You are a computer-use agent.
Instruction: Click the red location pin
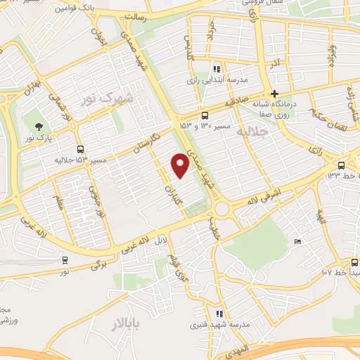pyautogui.click(x=181, y=166)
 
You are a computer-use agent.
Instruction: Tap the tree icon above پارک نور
pyautogui.click(x=37, y=127)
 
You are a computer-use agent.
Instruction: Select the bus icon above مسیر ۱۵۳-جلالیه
pyautogui.click(x=81, y=149)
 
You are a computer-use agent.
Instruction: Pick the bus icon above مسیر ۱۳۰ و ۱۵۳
pyautogui.click(x=205, y=115)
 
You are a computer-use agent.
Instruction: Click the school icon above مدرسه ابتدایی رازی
pyautogui.click(x=217, y=69)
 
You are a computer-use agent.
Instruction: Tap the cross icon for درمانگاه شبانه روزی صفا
pyautogui.click(x=274, y=94)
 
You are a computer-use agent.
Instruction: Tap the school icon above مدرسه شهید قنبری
pyautogui.click(x=219, y=314)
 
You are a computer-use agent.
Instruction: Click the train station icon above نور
pyautogui.click(x=65, y=259)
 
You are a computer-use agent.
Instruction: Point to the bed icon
pyautogui.click(x=297, y=241)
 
